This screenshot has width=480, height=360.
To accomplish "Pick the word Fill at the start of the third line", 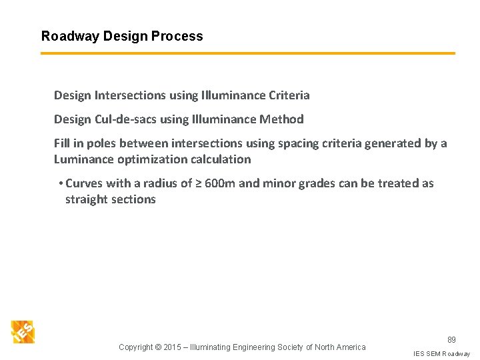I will point(63,143).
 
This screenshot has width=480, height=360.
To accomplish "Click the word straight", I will point(87,199).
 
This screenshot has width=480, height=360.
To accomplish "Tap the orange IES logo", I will point(23,332).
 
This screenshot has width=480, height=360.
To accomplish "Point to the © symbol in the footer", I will point(159,347).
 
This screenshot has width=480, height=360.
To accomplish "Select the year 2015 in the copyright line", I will point(173,347).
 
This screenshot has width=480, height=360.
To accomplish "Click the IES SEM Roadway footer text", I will point(441,353).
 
